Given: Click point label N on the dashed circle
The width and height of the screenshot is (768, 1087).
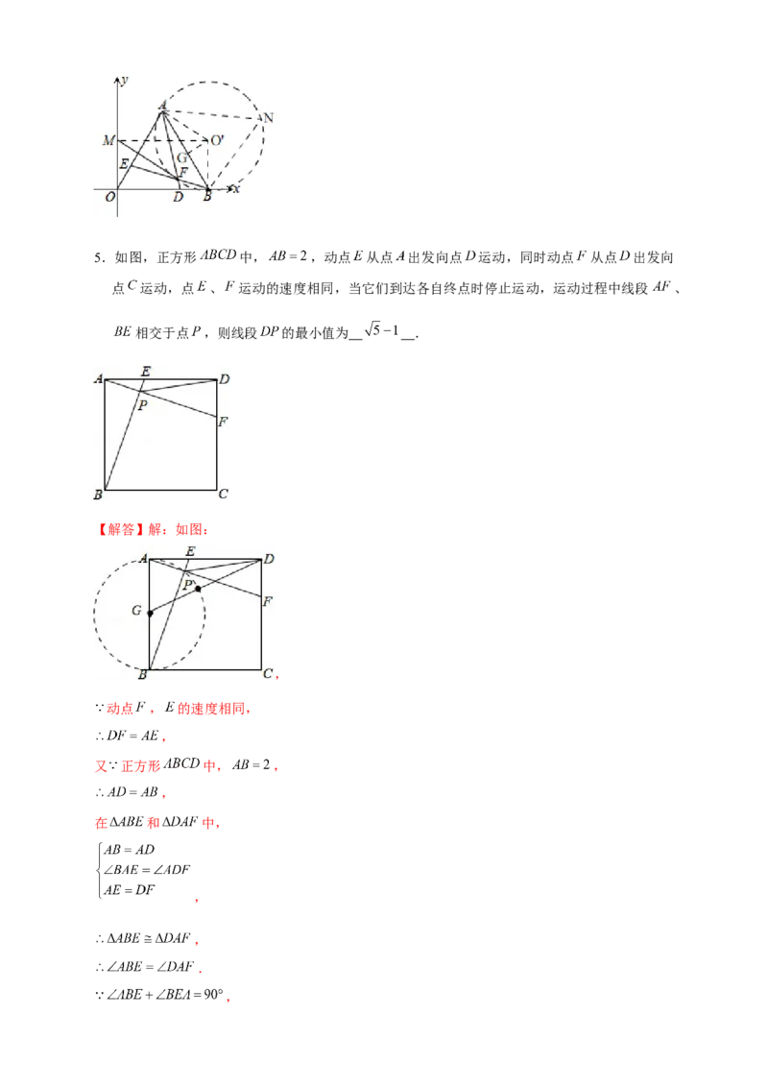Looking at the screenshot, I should click(269, 118).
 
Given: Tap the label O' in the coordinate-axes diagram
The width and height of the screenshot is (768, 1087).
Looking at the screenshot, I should click(218, 141).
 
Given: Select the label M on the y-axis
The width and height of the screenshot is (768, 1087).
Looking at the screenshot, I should click(108, 141).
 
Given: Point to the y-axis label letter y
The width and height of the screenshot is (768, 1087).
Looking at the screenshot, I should click(125, 77).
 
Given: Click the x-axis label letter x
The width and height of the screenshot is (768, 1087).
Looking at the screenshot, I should click(235, 189).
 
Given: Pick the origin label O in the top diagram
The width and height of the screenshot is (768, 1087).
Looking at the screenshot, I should click(110, 197).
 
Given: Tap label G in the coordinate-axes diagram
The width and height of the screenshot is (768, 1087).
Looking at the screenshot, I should click(182, 157).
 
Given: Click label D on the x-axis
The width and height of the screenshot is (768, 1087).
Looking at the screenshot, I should click(178, 198).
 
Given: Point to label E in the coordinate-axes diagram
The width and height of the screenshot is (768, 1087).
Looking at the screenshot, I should click(123, 164).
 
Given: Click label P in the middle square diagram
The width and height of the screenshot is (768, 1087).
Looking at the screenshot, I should click(143, 407).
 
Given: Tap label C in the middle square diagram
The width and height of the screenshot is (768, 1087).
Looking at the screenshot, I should click(223, 495).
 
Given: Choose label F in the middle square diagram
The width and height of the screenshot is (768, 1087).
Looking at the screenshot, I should click(223, 421).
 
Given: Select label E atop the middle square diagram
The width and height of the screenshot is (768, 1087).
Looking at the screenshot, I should click(146, 371).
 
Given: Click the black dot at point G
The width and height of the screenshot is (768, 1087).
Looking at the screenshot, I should click(150, 613).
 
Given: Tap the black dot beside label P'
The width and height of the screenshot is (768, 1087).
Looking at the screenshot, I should click(198, 589).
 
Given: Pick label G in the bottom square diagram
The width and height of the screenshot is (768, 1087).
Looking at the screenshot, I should click(137, 610).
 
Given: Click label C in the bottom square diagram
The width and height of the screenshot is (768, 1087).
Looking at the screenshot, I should click(268, 674).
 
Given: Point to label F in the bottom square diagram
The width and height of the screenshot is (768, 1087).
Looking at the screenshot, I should click(268, 601).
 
